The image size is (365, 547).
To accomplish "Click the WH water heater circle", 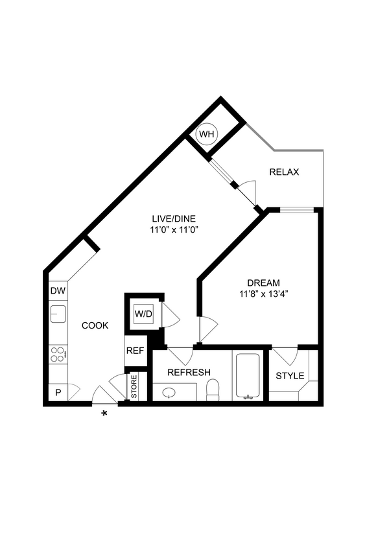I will tap(207, 134).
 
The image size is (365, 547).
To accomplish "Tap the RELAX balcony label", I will tap(284, 172).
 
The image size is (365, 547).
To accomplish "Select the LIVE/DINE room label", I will tap(169, 218).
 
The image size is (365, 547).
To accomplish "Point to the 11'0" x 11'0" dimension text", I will tap(169, 229).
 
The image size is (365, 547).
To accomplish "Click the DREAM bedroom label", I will tap(263, 283).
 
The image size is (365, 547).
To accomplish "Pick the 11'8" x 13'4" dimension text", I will tap(263, 294).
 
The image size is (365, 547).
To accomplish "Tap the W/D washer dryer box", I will tap(143, 314).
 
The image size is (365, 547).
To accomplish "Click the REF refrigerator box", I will tap(134, 351).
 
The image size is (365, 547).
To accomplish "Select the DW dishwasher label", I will tap(57, 290).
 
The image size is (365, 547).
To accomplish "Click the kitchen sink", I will tap(58, 315).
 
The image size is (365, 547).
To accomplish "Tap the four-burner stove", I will tap(58, 355).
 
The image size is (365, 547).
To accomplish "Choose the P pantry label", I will tap(57, 393).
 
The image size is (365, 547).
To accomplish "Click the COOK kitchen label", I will tap(95, 325).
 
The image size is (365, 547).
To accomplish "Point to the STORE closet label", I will tap(134, 387).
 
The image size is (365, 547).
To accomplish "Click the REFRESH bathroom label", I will tap(189, 372).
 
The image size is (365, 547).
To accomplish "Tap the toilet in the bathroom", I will tap(213, 390).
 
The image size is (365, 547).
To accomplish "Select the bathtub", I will tap(247, 376).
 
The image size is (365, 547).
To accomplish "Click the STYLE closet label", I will tap(290, 376).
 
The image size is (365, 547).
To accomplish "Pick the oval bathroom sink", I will tap(169, 393).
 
